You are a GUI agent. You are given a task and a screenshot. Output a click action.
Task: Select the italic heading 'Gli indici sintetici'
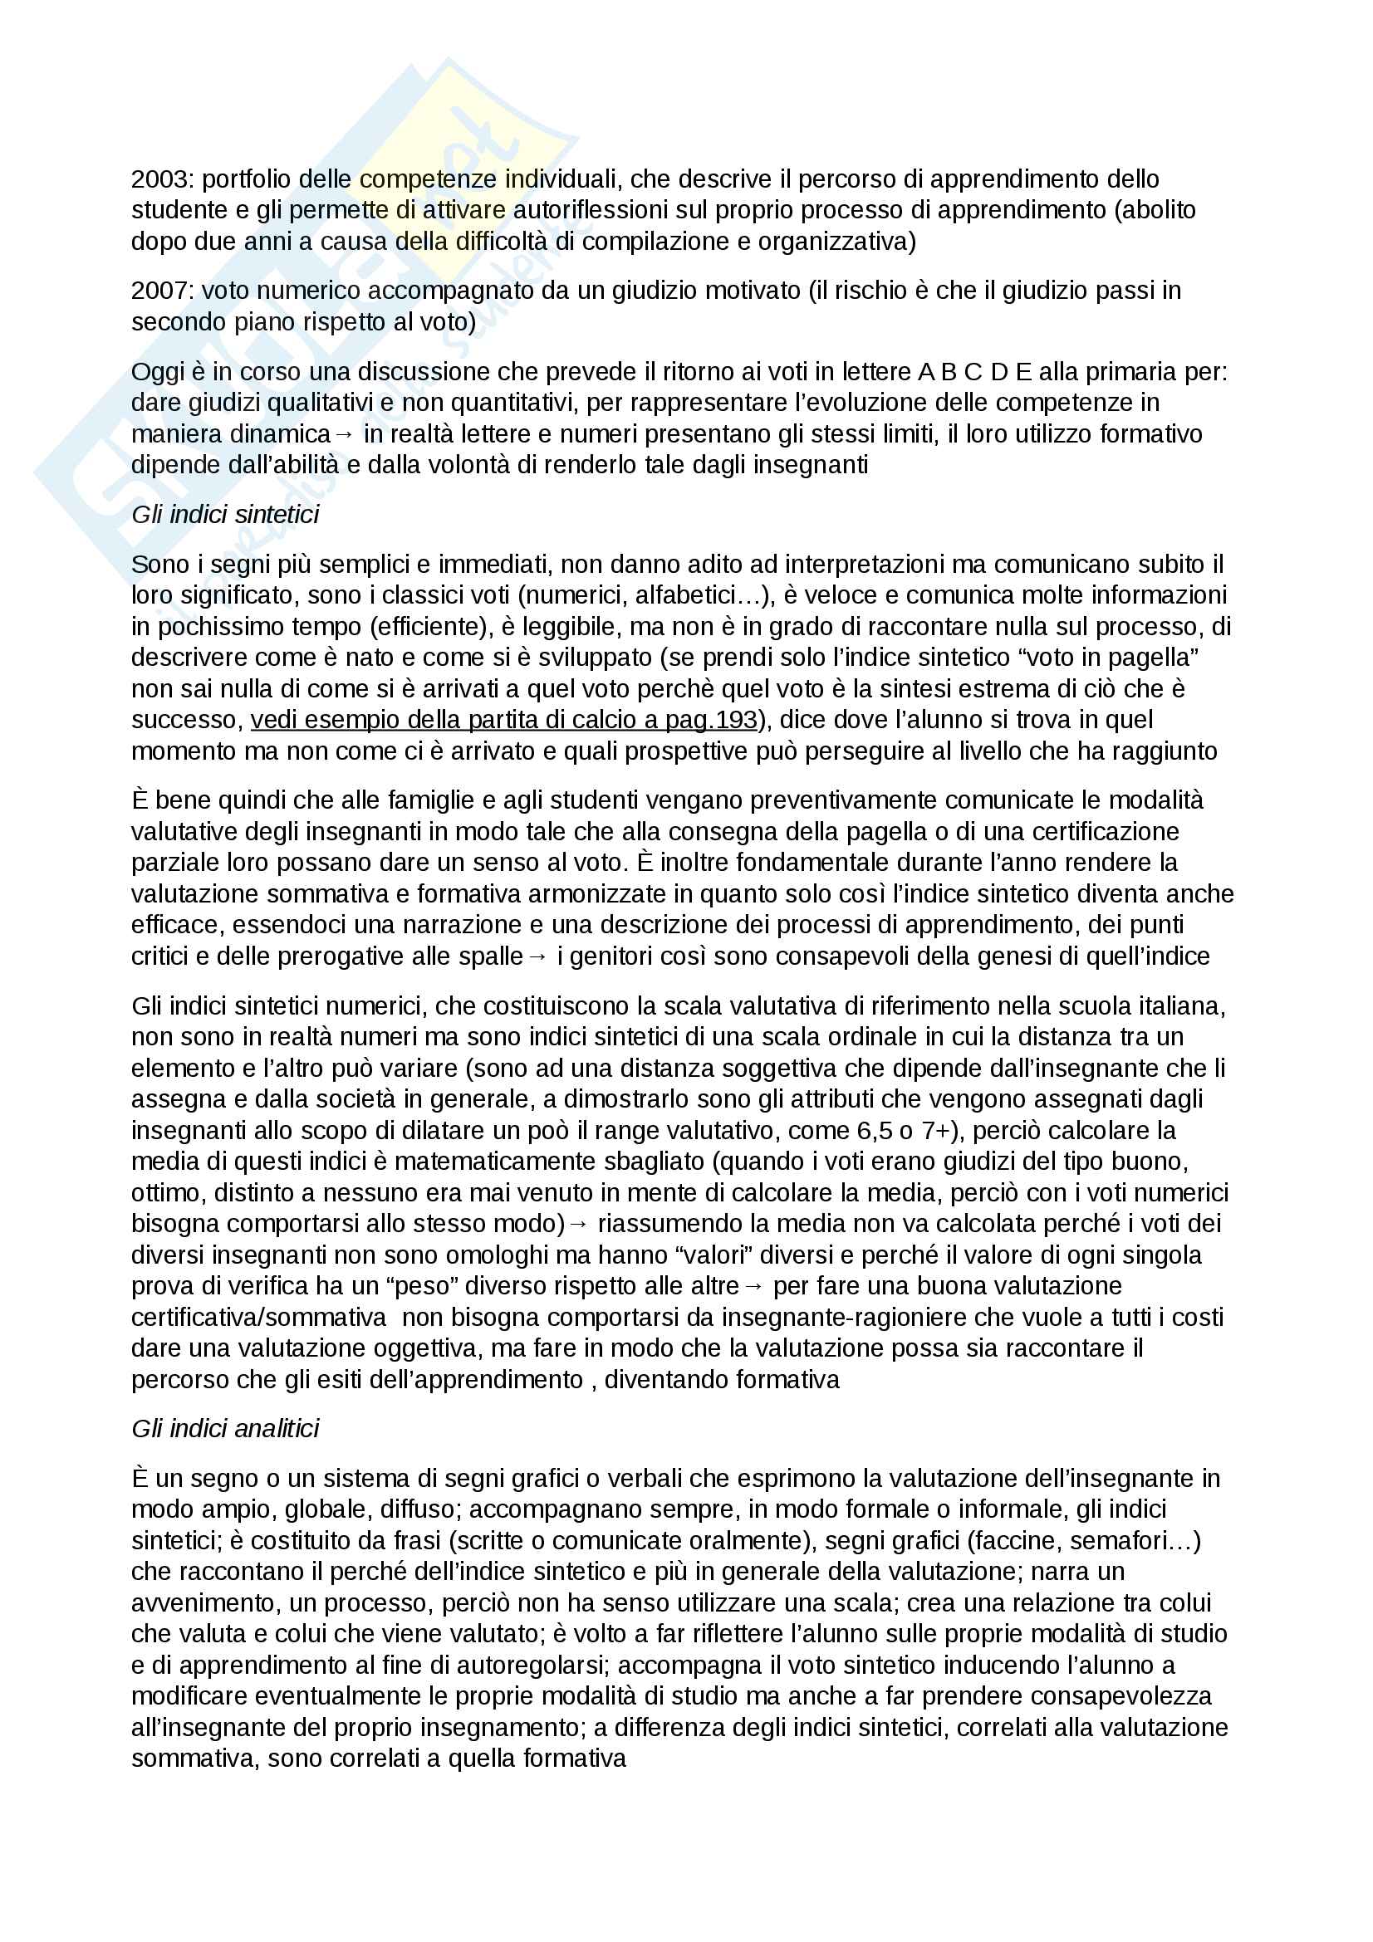tap(225, 514)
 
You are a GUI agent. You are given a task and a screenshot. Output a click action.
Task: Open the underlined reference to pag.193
tap(504, 720)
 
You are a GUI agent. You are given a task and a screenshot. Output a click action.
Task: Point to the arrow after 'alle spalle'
tap(538, 956)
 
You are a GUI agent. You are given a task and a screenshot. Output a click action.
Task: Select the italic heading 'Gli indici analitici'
tap(225, 1429)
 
